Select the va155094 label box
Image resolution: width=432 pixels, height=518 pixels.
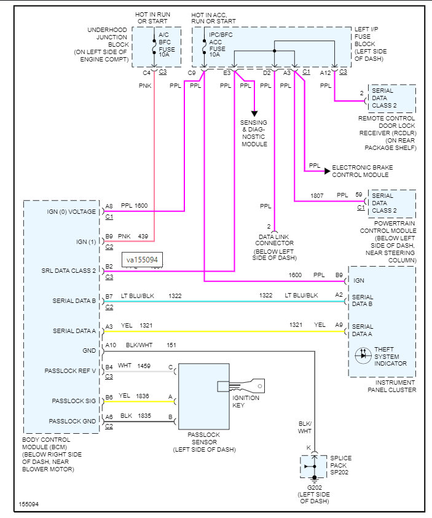(141, 260)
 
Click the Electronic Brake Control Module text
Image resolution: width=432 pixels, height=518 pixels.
(362, 171)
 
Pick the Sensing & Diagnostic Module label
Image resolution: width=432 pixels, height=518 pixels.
(254, 133)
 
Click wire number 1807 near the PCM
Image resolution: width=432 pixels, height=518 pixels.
(317, 195)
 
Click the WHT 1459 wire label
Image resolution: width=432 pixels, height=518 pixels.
(134, 366)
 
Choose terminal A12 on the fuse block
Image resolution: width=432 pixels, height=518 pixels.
(326, 73)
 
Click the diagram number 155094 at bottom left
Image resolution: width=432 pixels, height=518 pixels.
(28, 504)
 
